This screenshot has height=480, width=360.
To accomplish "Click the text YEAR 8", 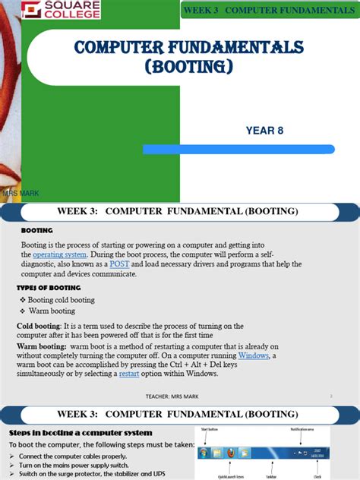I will click(264, 131).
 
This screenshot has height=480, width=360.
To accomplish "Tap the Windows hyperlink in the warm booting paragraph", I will click(253, 355).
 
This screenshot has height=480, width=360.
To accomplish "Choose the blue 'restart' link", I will click(128, 374).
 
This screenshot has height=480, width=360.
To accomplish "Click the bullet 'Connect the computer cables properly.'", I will click(73, 456).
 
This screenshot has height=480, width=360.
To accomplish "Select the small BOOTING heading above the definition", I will click(36, 229).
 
